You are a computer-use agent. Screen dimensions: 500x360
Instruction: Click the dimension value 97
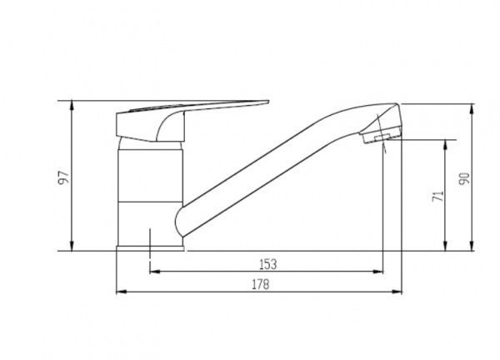[63, 177]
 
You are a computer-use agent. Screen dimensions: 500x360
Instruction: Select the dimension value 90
[464, 179]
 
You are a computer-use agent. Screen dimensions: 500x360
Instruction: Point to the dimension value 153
[268, 264]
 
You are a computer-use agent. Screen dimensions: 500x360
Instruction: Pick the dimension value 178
[261, 284]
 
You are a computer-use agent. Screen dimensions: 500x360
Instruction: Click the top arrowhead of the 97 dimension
[72, 105]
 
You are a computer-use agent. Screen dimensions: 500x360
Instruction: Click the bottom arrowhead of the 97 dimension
[72, 246]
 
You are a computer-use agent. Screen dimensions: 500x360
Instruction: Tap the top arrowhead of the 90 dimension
[472, 108]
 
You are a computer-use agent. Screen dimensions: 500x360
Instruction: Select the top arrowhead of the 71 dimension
[446, 144]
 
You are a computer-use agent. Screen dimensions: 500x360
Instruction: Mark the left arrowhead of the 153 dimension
[155, 272]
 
